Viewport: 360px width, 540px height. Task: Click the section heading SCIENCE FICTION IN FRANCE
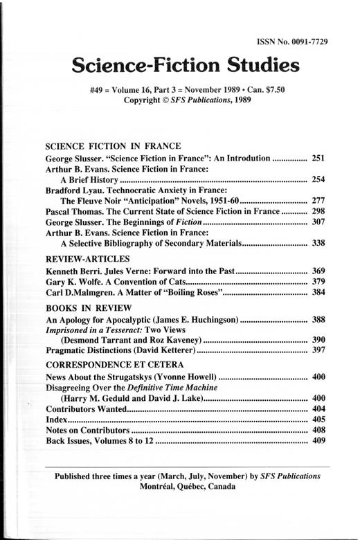(x=113, y=146)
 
